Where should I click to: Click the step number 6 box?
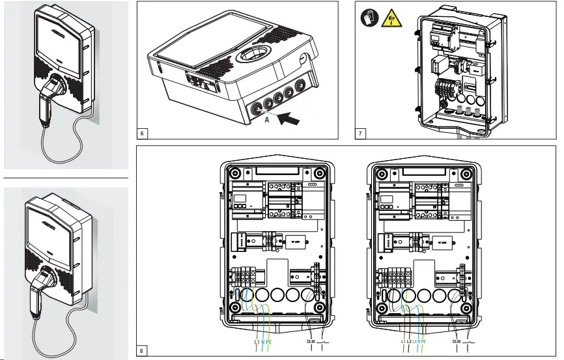[143, 133]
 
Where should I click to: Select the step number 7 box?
[360, 133]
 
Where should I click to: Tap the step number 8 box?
[143, 350]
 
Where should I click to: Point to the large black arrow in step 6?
[290, 120]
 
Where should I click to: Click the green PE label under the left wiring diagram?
[268, 341]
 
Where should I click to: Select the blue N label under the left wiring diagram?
[262, 341]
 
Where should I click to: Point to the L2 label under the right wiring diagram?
[409, 341]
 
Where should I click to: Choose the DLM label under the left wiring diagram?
[310, 341]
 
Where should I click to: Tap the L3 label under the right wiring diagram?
[416, 341]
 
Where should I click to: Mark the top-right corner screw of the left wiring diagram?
[318, 174]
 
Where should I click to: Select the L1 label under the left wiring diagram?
[255, 341]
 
